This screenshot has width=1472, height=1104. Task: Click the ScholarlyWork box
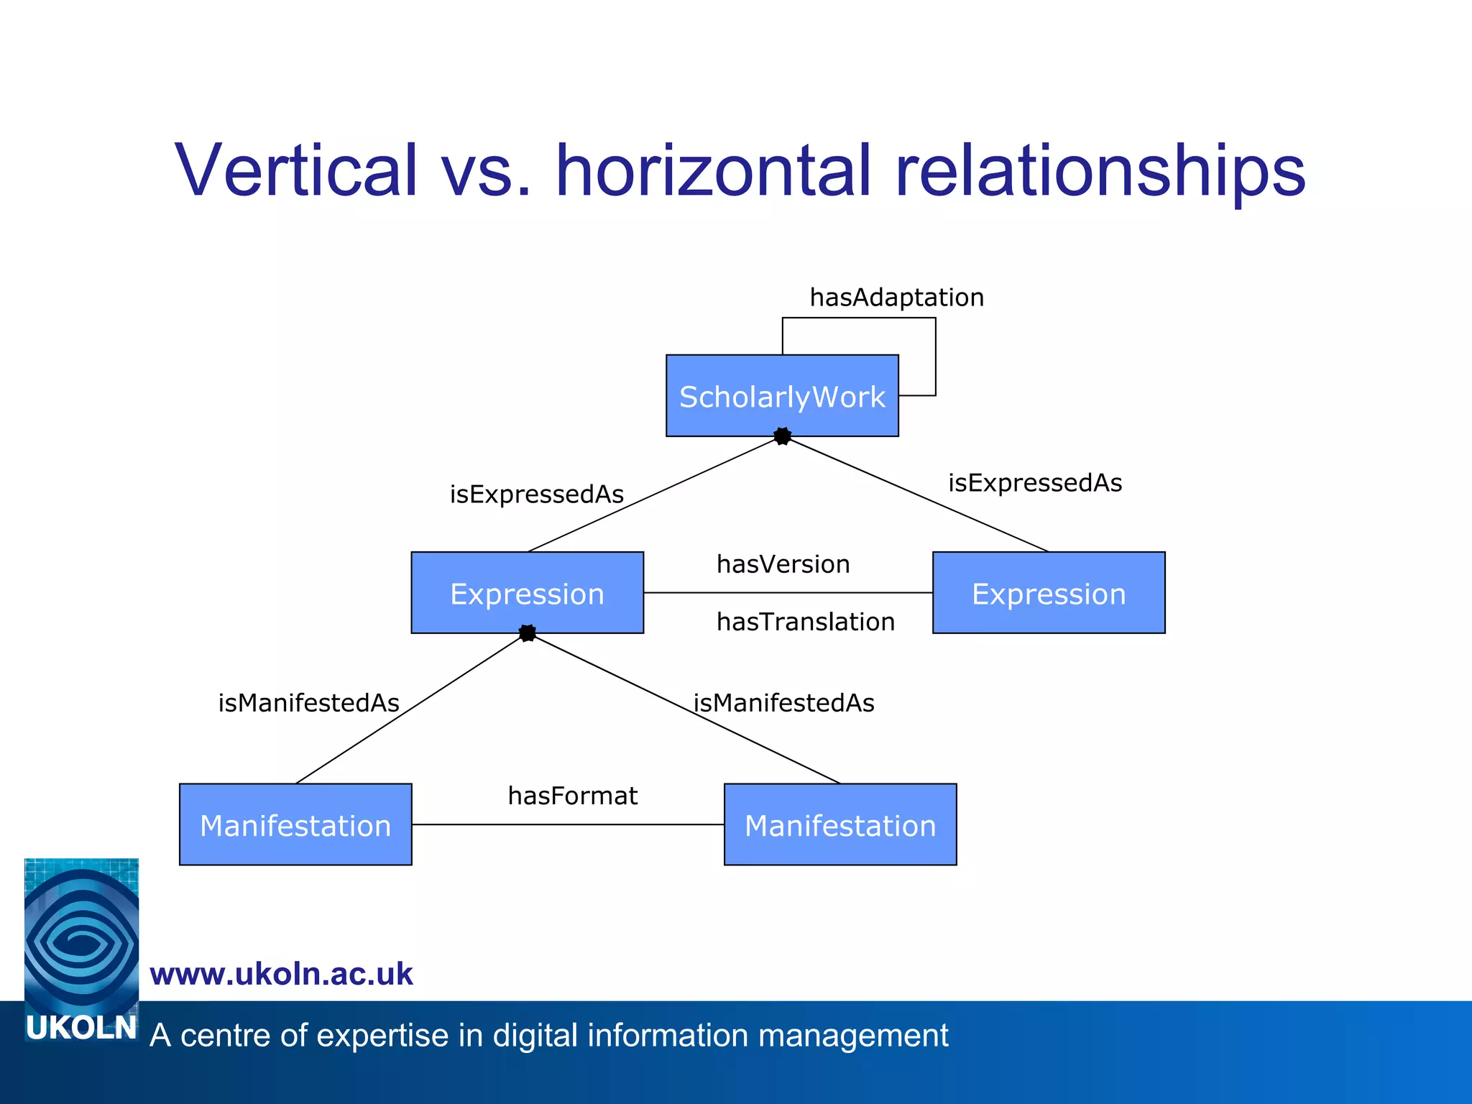click(x=782, y=395)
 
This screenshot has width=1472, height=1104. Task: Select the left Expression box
click(x=527, y=593)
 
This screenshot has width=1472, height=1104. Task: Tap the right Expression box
click(x=1049, y=593)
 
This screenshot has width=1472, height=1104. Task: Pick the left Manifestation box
click(x=295, y=824)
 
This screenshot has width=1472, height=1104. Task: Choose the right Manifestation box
click(x=840, y=824)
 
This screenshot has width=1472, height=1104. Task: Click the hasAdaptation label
click(x=896, y=298)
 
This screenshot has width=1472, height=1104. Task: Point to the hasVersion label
click(x=783, y=564)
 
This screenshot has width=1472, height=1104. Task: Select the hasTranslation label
click(x=806, y=622)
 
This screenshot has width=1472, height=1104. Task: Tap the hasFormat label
click(x=573, y=796)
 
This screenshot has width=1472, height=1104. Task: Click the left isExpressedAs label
click(x=537, y=494)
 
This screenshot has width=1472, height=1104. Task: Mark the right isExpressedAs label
click(x=1035, y=483)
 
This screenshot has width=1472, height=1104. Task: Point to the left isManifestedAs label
click(x=309, y=703)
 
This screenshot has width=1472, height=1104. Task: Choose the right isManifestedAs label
click(x=784, y=703)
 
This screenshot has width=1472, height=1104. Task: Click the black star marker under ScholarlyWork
click(x=783, y=436)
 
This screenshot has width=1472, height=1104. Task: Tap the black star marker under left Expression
click(x=528, y=633)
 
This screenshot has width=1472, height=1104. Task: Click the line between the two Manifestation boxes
click(x=568, y=824)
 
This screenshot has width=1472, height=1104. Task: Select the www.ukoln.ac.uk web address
click(x=281, y=974)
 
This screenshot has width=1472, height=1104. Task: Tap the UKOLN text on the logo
click(x=81, y=1029)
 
